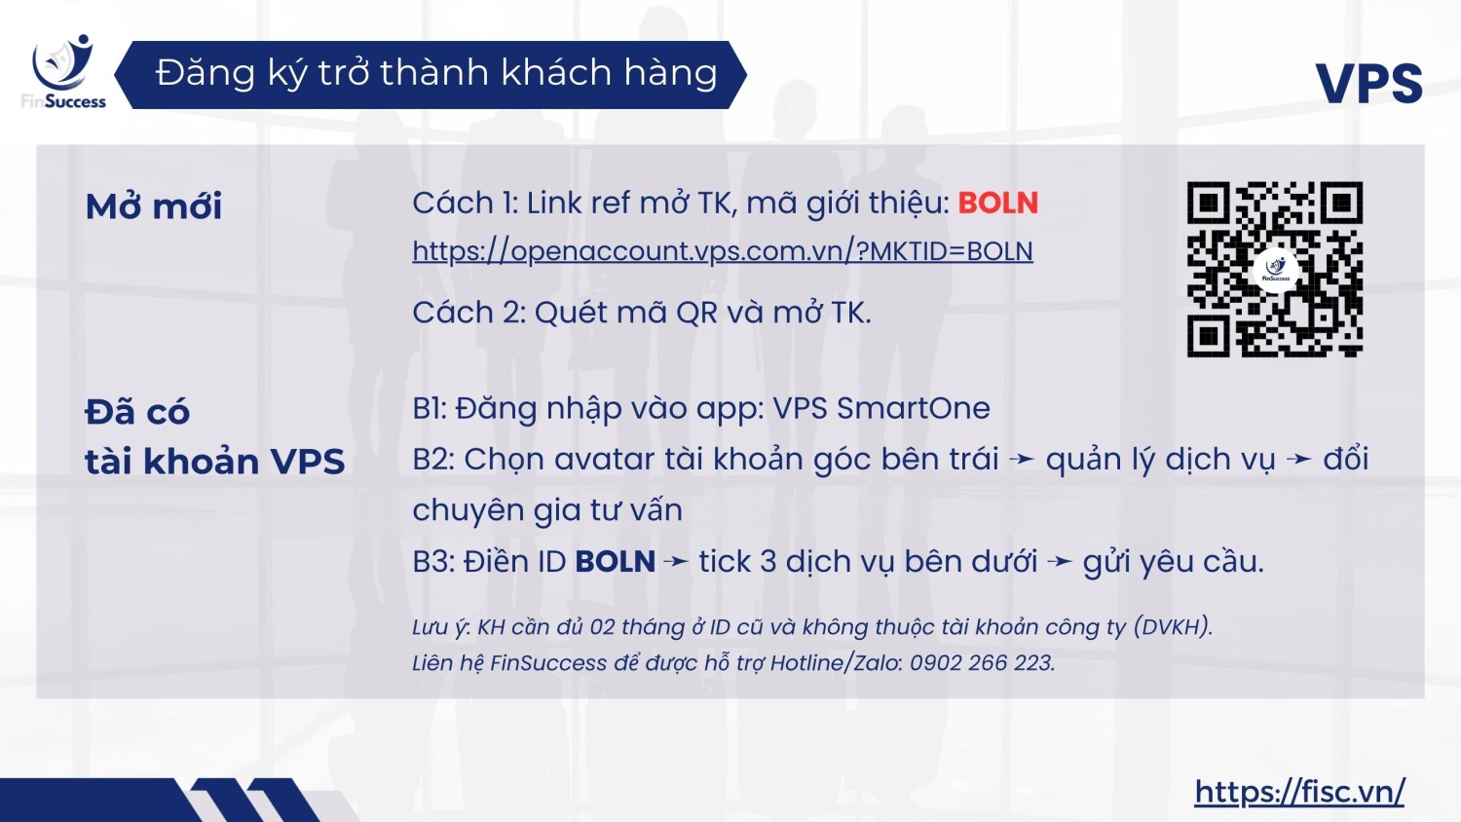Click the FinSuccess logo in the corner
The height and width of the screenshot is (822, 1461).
(63, 72)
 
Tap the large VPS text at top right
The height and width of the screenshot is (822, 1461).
(1369, 84)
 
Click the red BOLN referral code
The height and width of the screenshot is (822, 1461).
(998, 203)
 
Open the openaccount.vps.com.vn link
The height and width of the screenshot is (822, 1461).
(723, 251)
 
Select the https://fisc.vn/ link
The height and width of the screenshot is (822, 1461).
(1300, 792)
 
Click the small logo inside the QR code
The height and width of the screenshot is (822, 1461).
(1276, 270)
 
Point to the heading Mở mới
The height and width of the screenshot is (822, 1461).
(154, 206)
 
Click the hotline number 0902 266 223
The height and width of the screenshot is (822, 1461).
(981, 663)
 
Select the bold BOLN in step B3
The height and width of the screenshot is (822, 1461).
(615, 562)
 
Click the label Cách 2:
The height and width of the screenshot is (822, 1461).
(468, 313)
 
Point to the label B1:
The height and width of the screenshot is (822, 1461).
(430, 409)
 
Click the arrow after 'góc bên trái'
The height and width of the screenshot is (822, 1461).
(1022, 460)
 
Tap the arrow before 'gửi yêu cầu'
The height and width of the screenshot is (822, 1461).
(1060, 562)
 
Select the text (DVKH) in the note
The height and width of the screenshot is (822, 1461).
(1173, 627)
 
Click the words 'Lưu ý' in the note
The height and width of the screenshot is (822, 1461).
(440, 627)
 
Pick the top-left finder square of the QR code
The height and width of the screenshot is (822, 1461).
(1209, 204)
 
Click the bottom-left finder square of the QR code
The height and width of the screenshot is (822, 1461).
(1209, 336)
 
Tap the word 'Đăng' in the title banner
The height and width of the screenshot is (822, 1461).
(205, 73)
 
